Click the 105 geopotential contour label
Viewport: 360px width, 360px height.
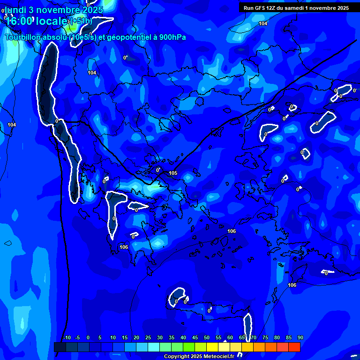(173, 173)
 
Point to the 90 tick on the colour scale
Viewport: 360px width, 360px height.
(300, 337)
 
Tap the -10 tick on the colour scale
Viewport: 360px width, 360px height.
(67, 337)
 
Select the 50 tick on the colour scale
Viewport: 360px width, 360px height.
(207, 337)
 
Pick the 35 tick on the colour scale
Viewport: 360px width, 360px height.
(172, 337)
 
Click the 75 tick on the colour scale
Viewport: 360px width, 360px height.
(265, 337)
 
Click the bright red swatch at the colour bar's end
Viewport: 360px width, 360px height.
(294, 347)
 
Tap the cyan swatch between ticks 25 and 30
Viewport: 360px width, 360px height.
(153, 347)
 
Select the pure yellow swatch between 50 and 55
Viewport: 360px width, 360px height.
(212, 347)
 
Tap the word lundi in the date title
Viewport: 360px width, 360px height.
(15, 10)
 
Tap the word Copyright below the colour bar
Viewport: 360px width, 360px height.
(176, 357)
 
